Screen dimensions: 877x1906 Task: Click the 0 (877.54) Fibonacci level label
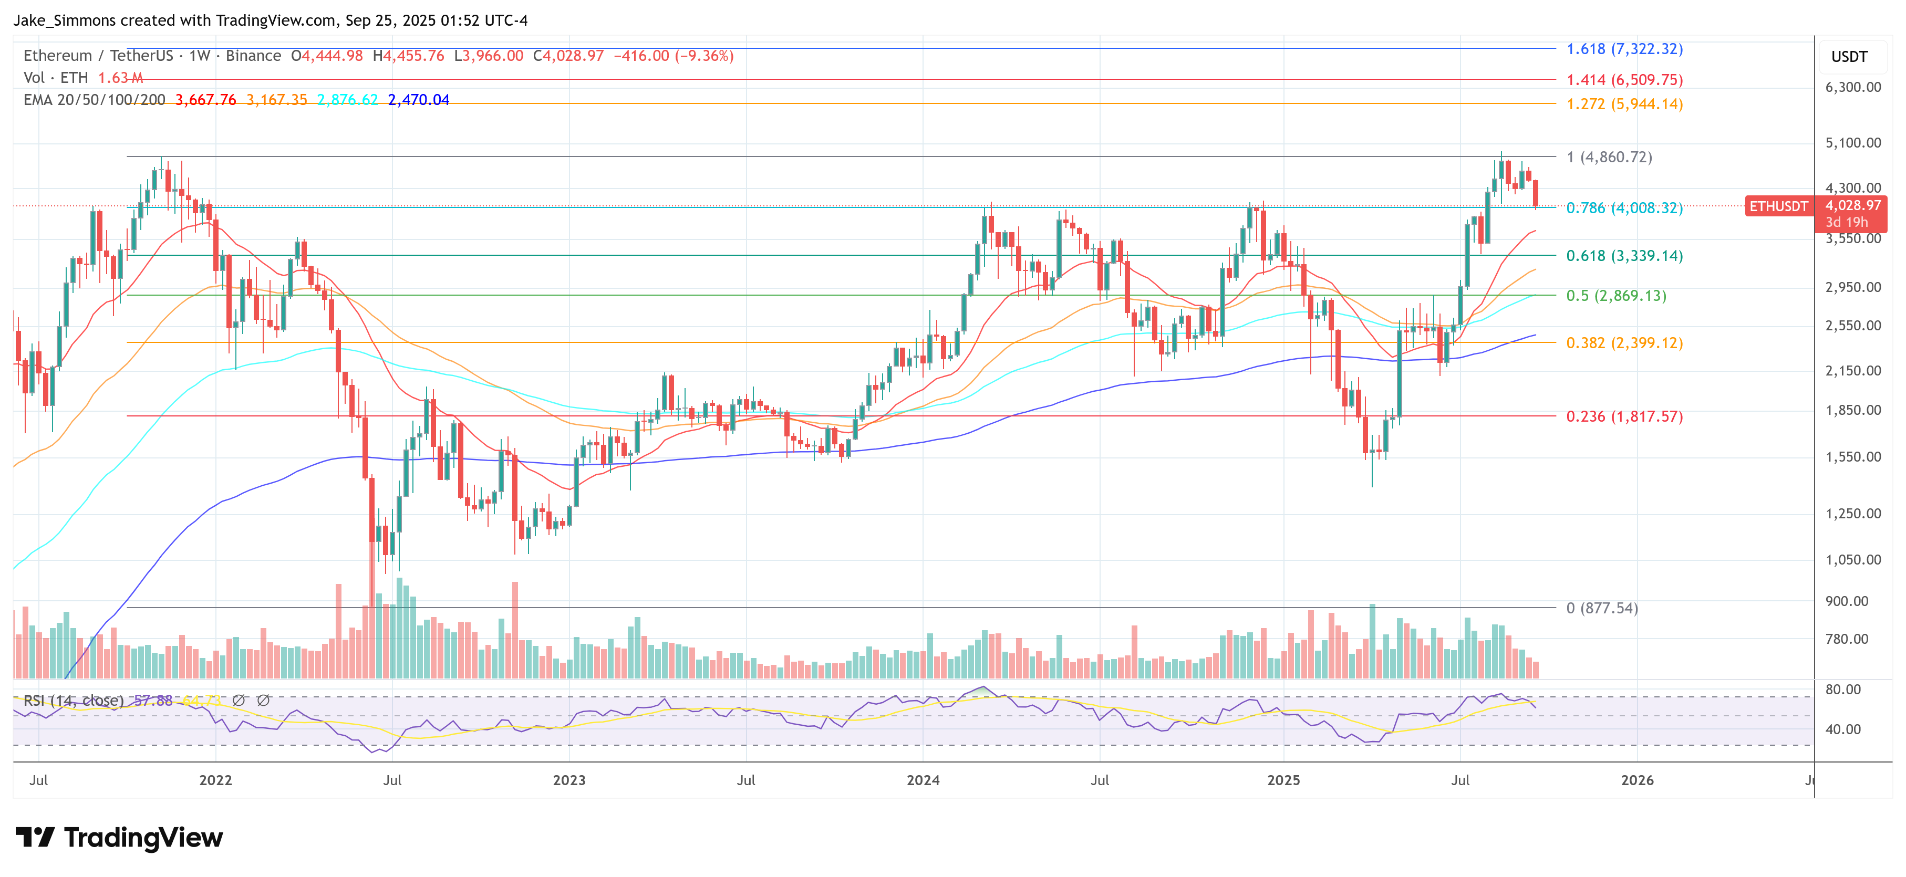1601,608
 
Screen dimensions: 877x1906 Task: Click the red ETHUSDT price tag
1778,206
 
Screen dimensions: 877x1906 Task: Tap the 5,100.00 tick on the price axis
1852,143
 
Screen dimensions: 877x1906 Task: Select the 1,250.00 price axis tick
1852,513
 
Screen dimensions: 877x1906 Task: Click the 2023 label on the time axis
569,780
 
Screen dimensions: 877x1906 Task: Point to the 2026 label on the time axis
1636,780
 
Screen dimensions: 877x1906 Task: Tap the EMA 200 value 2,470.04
418,100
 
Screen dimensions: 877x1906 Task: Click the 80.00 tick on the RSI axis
1842,689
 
